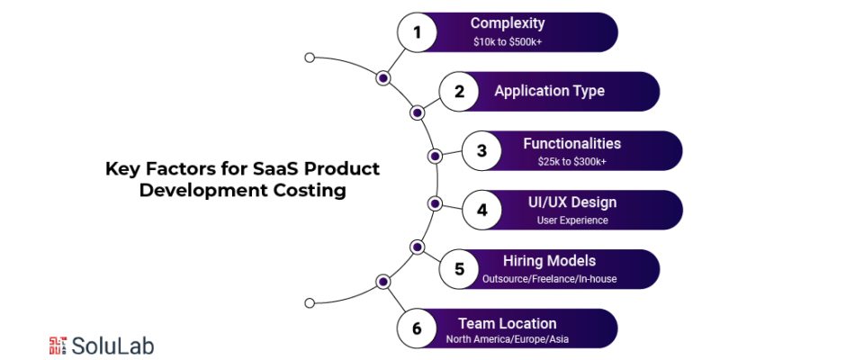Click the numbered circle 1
417,32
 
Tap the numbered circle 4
482,210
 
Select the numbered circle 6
417,328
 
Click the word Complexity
508,23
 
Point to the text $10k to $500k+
508,42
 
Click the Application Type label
549,91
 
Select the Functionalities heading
571,144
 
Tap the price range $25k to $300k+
571,161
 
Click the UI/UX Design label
572,202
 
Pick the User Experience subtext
572,220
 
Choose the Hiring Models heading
549,261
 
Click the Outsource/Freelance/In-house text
549,280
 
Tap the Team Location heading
508,324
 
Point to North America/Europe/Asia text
508,340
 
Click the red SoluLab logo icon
58,346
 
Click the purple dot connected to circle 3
435,157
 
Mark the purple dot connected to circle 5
417,247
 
